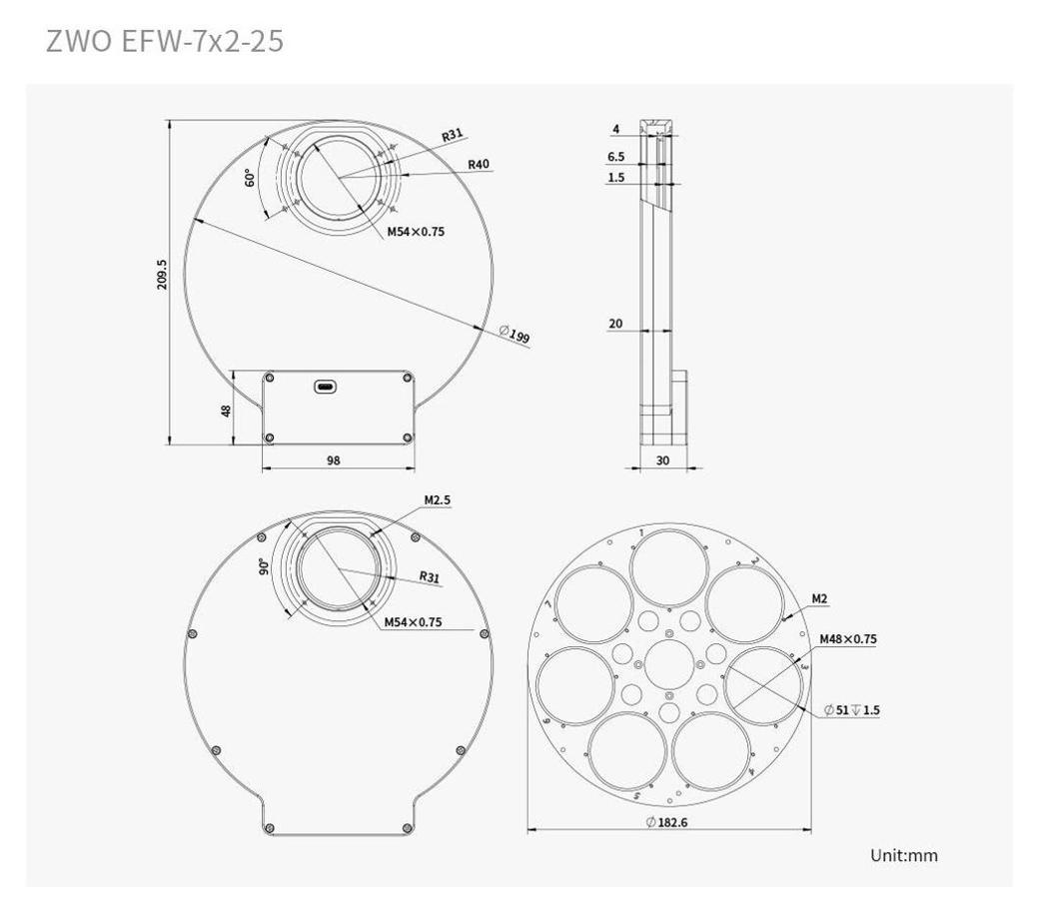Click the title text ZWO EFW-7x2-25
point(164,41)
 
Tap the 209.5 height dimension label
point(162,274)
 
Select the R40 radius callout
point(479,164)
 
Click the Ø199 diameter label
point(515,334)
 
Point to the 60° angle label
point(250,178)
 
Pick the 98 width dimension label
point(334,460)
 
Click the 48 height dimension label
point(226,411)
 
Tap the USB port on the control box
point(325,387)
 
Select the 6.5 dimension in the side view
point(615,156)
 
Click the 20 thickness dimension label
point(615,324)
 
